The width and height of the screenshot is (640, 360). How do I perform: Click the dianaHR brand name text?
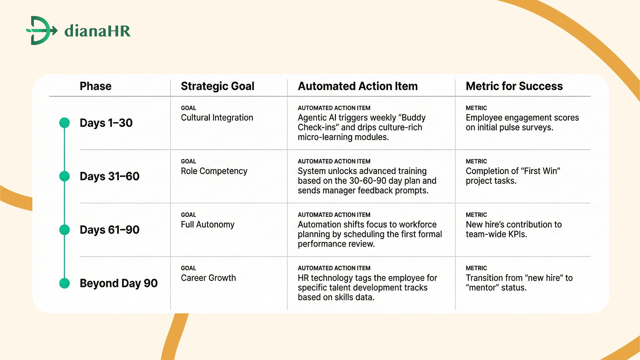(x=97, y=31)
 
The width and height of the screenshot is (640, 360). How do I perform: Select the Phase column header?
(x=95, y=86)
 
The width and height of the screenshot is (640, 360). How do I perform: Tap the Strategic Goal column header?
(x=217, y=86)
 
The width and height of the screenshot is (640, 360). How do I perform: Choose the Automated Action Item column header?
(x=357, y=86)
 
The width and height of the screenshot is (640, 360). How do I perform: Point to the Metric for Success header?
(x=514, y=86)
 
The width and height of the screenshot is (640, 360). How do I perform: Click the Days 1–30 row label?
(x=106, y=123)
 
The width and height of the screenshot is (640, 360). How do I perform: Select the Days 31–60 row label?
(x=109, y=176)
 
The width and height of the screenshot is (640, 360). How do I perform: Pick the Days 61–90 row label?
(x=109, y=230)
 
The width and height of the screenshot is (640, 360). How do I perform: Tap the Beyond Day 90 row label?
(x=118, y=283)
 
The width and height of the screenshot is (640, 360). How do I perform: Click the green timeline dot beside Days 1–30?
(x=64, y=123)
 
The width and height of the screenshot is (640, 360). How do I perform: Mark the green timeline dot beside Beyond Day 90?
(x=64, y=283)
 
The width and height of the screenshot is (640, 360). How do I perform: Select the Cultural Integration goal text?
(x=217, y=118)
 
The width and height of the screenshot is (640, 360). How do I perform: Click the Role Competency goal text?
(x=214, y=171)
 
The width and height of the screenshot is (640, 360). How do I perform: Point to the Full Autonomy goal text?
(x=207, y=224)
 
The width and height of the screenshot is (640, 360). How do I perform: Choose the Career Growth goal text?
(x=208, y=278)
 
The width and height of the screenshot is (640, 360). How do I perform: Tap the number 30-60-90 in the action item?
(x=368, y=181)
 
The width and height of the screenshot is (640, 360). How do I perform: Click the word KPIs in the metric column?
(x=517, y=234)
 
